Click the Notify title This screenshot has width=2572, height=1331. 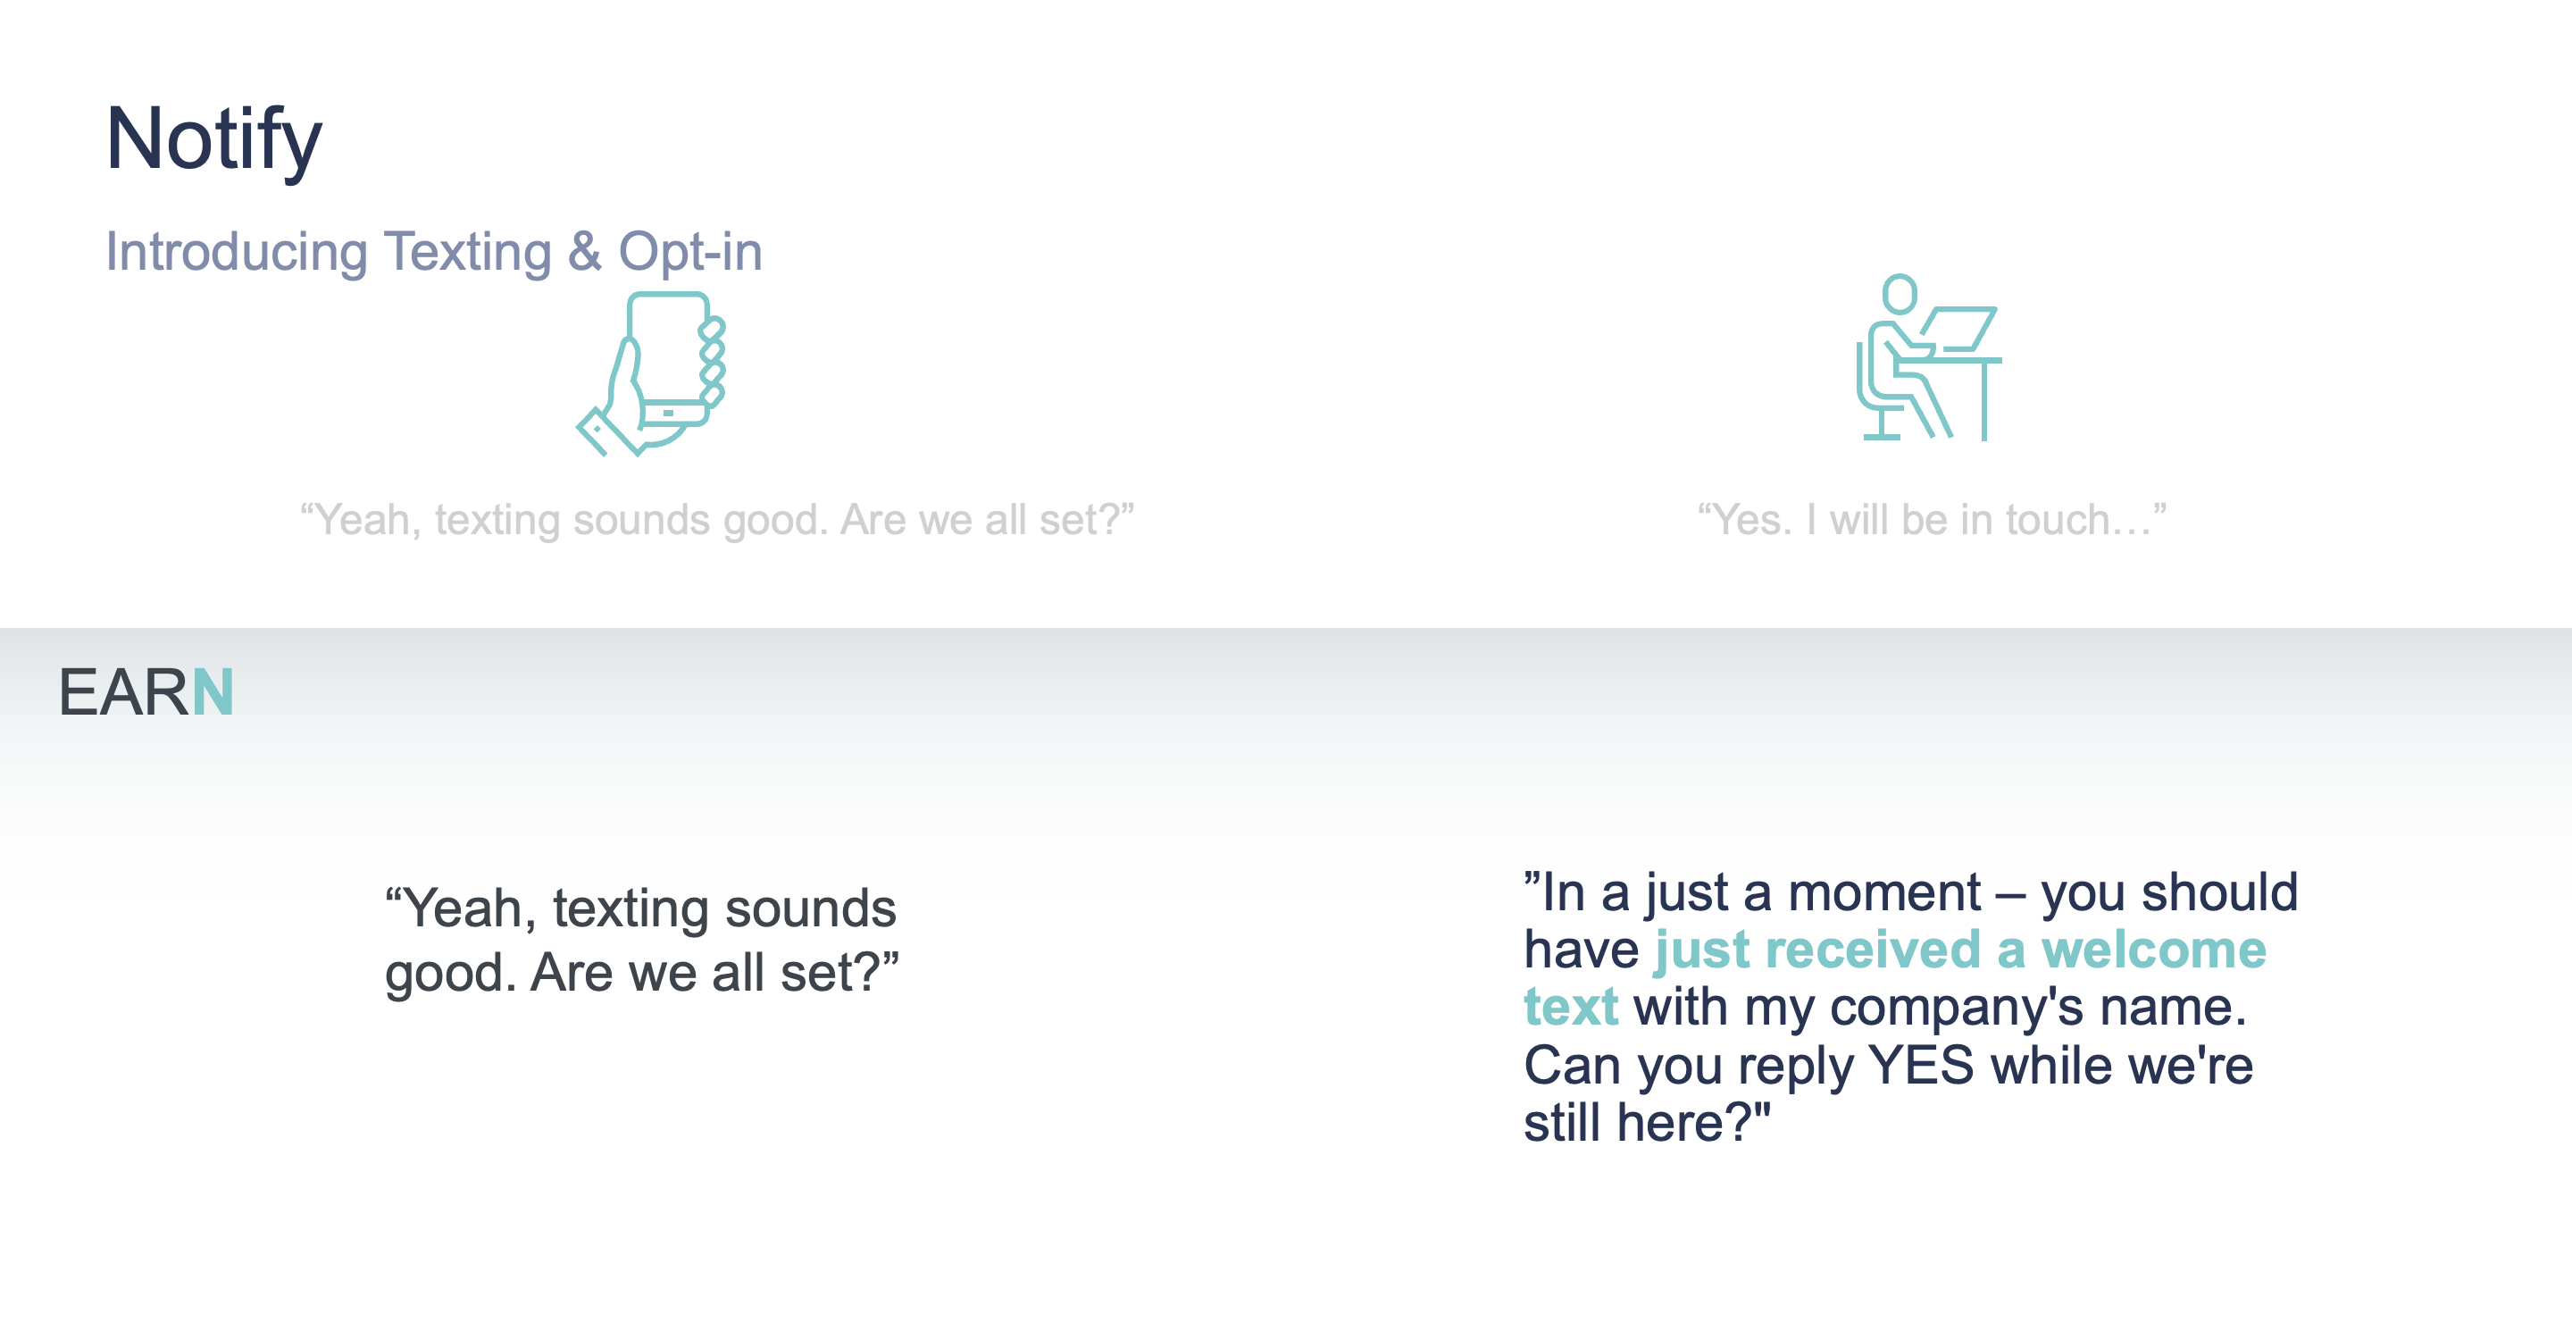[213, 141]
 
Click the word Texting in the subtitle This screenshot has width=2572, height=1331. [467, 253]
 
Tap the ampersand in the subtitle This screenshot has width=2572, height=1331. [585, 251]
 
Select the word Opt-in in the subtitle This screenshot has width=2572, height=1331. [690, 252]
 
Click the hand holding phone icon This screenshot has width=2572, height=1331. [651, 373]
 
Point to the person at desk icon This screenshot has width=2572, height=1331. [1928, 357]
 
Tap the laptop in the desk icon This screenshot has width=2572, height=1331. [1959, 329]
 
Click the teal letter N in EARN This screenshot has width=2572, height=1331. [212, 692]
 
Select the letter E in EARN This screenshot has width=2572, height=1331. [78, 692]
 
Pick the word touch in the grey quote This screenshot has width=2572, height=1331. [2058, 520]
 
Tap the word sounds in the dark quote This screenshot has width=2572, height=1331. [810, 908]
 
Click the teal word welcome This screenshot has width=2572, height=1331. [2154, 950]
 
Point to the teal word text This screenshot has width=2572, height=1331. [1571, 1007]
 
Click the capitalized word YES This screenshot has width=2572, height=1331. [1921, 1066]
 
